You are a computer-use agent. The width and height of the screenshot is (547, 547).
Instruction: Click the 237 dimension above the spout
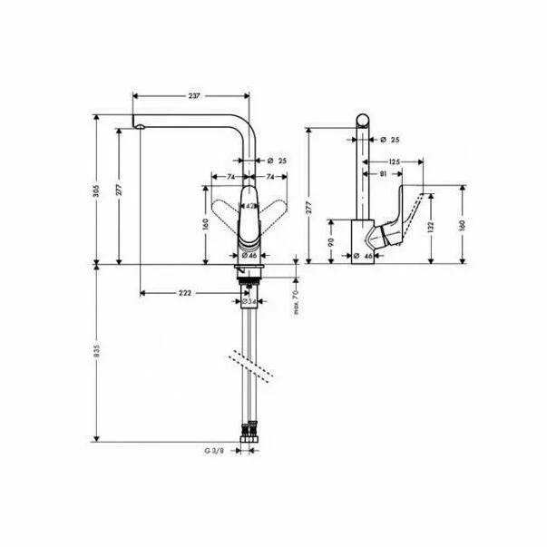pos(193,95)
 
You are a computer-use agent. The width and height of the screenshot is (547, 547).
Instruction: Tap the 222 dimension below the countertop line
pos(185,292)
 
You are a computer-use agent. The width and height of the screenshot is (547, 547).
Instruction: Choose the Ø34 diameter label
pos(253,301)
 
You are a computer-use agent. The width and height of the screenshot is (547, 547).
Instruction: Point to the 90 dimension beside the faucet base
pos(332,242)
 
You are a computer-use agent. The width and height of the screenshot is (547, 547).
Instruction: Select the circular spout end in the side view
pos(361,122)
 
